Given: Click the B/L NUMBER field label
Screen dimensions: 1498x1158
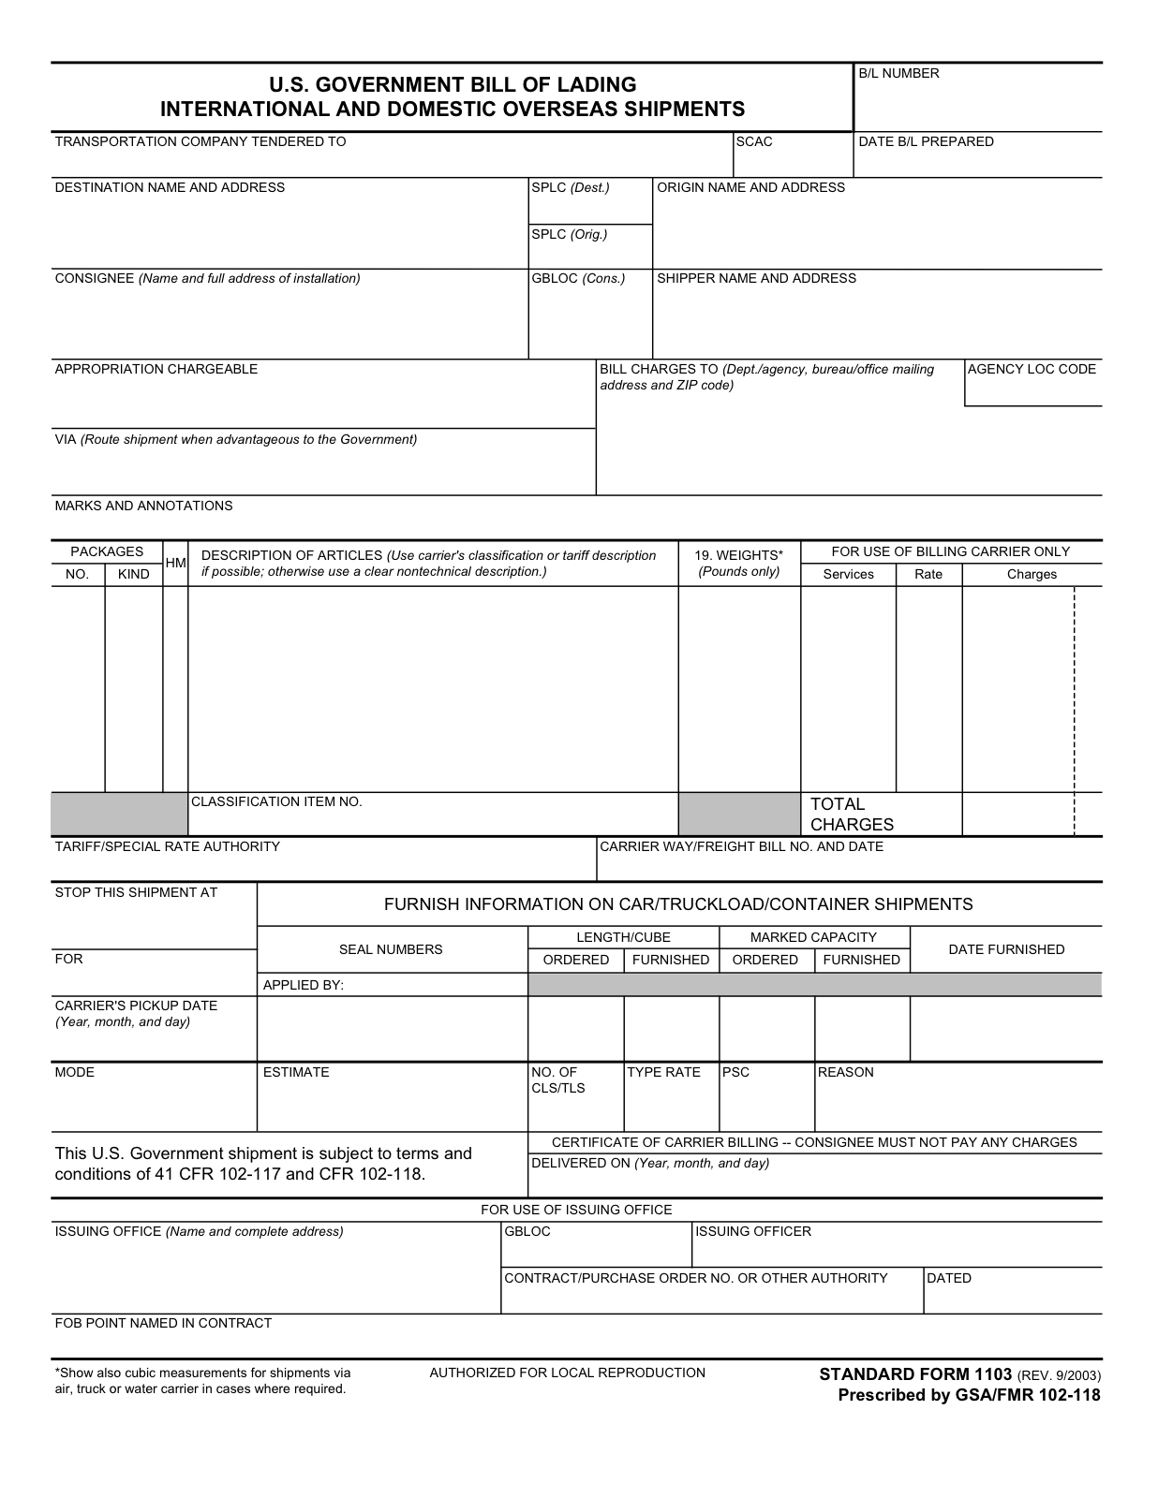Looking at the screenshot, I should coord(898,74).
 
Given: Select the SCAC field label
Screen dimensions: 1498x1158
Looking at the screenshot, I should coord(754,141).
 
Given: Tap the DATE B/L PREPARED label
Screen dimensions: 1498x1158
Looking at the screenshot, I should coord(926,141).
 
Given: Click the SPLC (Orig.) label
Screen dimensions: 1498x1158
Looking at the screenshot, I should coord(569,234).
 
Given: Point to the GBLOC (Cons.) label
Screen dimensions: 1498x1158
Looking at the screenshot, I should coord(577,278).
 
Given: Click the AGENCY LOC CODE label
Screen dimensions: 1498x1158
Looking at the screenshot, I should coord(1032,369).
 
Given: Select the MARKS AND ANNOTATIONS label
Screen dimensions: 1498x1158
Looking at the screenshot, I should coord(143,506).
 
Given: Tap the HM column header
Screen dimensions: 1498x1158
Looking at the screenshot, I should coord(175,563).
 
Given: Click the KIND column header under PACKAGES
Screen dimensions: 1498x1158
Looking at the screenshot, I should coord(134,574).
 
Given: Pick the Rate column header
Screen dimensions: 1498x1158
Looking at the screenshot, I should coord(928,574).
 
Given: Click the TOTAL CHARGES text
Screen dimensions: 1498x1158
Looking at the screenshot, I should coord(851,815).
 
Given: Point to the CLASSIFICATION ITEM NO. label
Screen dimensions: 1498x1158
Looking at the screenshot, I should coord(276,801).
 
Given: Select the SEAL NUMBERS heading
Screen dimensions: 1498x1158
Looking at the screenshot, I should coord(391,949).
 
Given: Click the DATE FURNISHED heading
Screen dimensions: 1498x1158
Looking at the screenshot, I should coord(1006,949).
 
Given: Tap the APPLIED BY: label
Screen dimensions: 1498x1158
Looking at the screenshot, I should coord(304,985).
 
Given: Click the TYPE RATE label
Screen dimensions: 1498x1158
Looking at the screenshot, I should coord(663,1072).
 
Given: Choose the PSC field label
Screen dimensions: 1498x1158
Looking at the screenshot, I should coord(735,1072).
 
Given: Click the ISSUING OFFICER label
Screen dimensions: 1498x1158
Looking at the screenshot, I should coord(753,1231).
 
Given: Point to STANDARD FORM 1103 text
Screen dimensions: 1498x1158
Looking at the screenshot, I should coord(915,1374).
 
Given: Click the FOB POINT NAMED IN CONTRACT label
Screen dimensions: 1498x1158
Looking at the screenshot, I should coord(163,1323).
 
